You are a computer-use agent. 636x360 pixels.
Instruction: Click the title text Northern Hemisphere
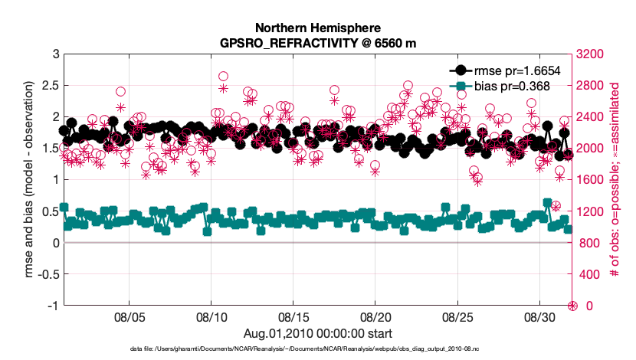[x=318, y=28]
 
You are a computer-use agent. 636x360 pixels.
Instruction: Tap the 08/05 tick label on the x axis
[x=129, y=317]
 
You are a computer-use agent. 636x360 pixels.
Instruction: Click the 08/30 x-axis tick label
[x=538, y=317]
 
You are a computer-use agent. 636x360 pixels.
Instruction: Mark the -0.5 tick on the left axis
[x=46, y=274]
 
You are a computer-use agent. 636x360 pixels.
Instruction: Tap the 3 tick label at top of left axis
[x=54, y=54]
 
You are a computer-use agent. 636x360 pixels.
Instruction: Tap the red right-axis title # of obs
[x=615, y=180]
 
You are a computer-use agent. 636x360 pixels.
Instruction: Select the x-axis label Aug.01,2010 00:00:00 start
[x=318, y=333]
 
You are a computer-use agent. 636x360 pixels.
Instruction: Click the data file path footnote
[x=318, y=349]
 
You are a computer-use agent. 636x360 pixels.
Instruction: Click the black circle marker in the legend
[x=460, y=70]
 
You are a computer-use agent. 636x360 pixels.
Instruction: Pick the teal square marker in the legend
[x=460, y=86]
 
